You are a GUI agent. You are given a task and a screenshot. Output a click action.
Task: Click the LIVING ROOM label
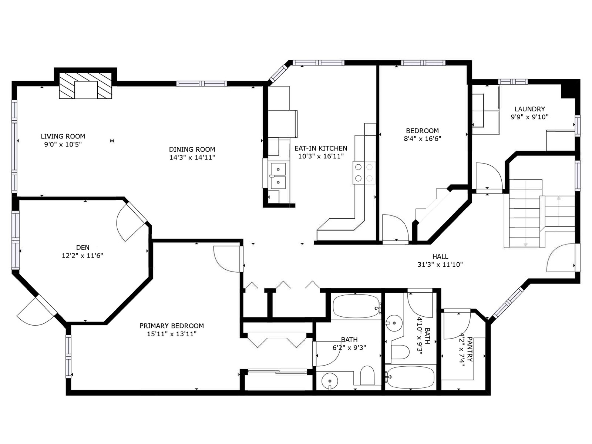[63, 137]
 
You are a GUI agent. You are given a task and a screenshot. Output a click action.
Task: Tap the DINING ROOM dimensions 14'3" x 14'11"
[192, 158]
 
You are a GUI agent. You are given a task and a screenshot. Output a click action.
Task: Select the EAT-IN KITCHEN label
[321, 148]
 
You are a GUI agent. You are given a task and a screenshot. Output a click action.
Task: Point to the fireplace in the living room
[85, 86]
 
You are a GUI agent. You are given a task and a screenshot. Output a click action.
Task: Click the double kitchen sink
[278, 175]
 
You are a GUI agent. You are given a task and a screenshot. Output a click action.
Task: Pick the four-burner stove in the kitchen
[364, 173]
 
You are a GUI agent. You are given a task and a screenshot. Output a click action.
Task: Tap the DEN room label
[83, 248]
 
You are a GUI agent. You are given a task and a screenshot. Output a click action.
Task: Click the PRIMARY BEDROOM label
[172, 326]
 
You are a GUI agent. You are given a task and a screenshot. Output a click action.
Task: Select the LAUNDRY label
[530, 109]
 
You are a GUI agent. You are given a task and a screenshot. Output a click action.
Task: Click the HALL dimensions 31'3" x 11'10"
[440, 265]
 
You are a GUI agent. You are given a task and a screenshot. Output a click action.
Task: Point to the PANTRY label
[470, 349]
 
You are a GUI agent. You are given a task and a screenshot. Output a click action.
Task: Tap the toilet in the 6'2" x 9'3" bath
[367, 375]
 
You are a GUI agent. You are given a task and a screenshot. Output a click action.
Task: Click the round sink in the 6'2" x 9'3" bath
[330, 381]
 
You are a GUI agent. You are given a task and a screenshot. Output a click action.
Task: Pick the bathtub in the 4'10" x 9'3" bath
[410, 377]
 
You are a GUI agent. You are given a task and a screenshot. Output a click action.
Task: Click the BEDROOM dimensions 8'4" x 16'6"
[422, 139]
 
